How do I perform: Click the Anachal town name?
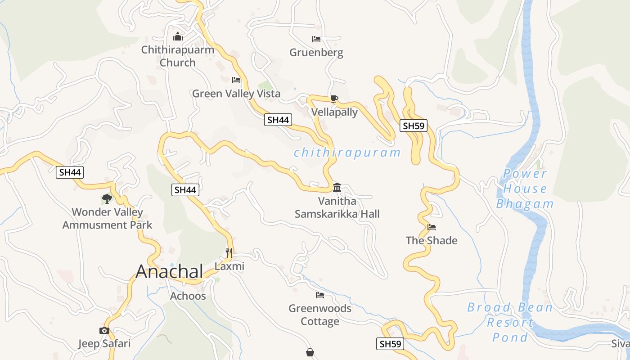tap(170, 271)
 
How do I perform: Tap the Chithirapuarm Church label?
tap(178, 56)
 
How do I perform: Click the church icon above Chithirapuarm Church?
tap(178, 36)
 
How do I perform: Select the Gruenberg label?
tap(316, 53)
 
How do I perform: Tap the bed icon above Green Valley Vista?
tap(236, 80)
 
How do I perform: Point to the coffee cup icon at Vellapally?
tap(334, 99)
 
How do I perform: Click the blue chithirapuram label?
tap(347, 153)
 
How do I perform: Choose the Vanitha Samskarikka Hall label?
tap(337, 207)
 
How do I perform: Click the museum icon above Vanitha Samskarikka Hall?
tap(337, 187)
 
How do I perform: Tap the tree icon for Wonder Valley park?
tap(107, 198)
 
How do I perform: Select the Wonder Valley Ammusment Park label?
tap(108, 218)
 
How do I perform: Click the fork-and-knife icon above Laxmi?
tap(229, 252)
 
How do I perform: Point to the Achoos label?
tap(188, 296)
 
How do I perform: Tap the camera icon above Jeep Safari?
tap(104, 331)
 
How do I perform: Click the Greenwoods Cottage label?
tap(320, 315)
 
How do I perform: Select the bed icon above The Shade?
tap(432, 227)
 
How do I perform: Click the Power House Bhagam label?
tap(525, 189)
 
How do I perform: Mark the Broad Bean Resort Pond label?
tap(510, 322)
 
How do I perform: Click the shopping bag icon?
tap(310, 352)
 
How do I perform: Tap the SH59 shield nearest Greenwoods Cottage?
tap(390, 344)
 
